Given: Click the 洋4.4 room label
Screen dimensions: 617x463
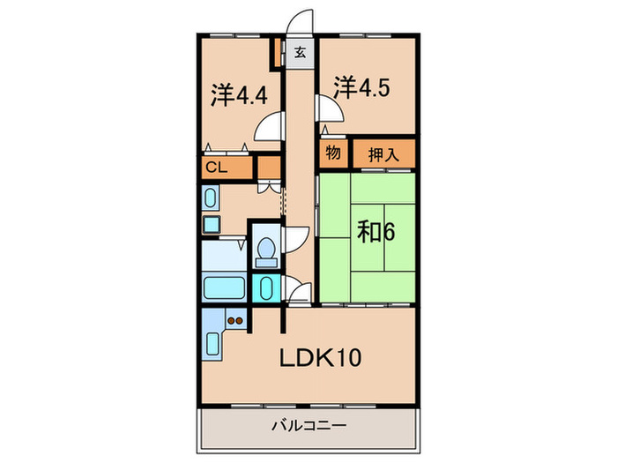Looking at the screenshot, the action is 239,95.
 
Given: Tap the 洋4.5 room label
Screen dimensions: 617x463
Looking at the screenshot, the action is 362,87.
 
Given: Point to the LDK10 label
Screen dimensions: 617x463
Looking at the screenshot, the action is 320,358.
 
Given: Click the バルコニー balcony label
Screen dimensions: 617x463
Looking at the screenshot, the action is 309,425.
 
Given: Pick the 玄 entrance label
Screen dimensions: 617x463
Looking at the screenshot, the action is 301,52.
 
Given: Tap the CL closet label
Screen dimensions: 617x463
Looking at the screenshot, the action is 217,168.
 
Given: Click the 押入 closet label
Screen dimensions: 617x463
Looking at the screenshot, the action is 383,154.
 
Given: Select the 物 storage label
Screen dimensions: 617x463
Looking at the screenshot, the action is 333,152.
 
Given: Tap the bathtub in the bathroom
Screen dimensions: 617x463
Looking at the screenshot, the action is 224,288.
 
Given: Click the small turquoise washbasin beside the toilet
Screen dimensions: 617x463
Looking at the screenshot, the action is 266,288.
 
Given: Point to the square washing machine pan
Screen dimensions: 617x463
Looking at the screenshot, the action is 212,224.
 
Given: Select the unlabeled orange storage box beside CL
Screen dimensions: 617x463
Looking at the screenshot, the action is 270,167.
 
